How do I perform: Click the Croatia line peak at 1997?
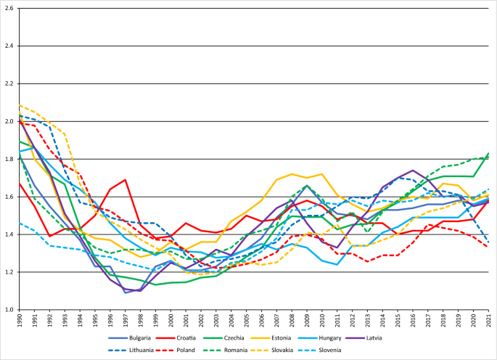tap(126, 179)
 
